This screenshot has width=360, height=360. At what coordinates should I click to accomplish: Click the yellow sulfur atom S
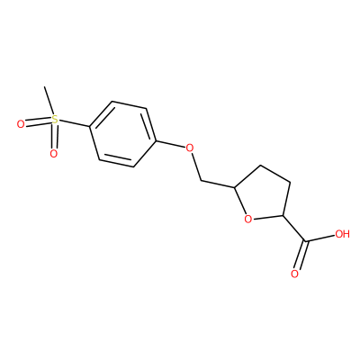[54, 120]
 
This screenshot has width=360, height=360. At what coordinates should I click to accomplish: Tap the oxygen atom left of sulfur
[21, 124]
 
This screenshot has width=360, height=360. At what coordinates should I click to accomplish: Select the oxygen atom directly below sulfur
[53, 154]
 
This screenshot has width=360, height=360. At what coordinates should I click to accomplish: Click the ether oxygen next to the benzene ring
[189, 148]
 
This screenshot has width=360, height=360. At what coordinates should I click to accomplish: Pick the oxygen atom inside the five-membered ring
[247, 220]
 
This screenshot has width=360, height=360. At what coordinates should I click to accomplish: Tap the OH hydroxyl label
[342, 234]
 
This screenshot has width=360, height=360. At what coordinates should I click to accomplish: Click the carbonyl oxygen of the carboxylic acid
[294, 274]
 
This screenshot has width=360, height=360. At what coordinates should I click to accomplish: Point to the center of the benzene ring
[123, 134]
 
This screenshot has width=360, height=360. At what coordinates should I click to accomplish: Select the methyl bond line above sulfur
[49, 101]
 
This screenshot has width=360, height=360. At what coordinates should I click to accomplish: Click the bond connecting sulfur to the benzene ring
[74, 123]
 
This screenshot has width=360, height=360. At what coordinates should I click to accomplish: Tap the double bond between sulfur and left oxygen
[38, 121]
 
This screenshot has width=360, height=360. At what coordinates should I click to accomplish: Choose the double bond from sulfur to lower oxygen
[54, 136]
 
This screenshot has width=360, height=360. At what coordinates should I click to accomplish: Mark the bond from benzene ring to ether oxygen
[171, 144]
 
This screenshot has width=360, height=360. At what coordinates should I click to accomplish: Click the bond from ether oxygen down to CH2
[196, 167]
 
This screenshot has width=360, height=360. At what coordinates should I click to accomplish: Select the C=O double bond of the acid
[301, 255]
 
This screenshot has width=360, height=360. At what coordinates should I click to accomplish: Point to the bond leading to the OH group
[320, 238]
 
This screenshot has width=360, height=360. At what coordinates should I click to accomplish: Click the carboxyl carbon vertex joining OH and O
[306, 240]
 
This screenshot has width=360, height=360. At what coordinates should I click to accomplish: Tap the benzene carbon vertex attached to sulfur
[90, 127]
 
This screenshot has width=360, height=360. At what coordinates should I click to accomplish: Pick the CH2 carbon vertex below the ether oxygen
[202, 181]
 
